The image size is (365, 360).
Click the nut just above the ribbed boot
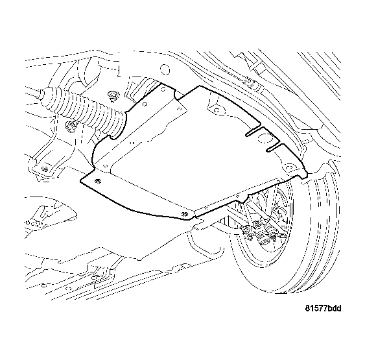tap(113, 97)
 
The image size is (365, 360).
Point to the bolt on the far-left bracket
tap(45, 169)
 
